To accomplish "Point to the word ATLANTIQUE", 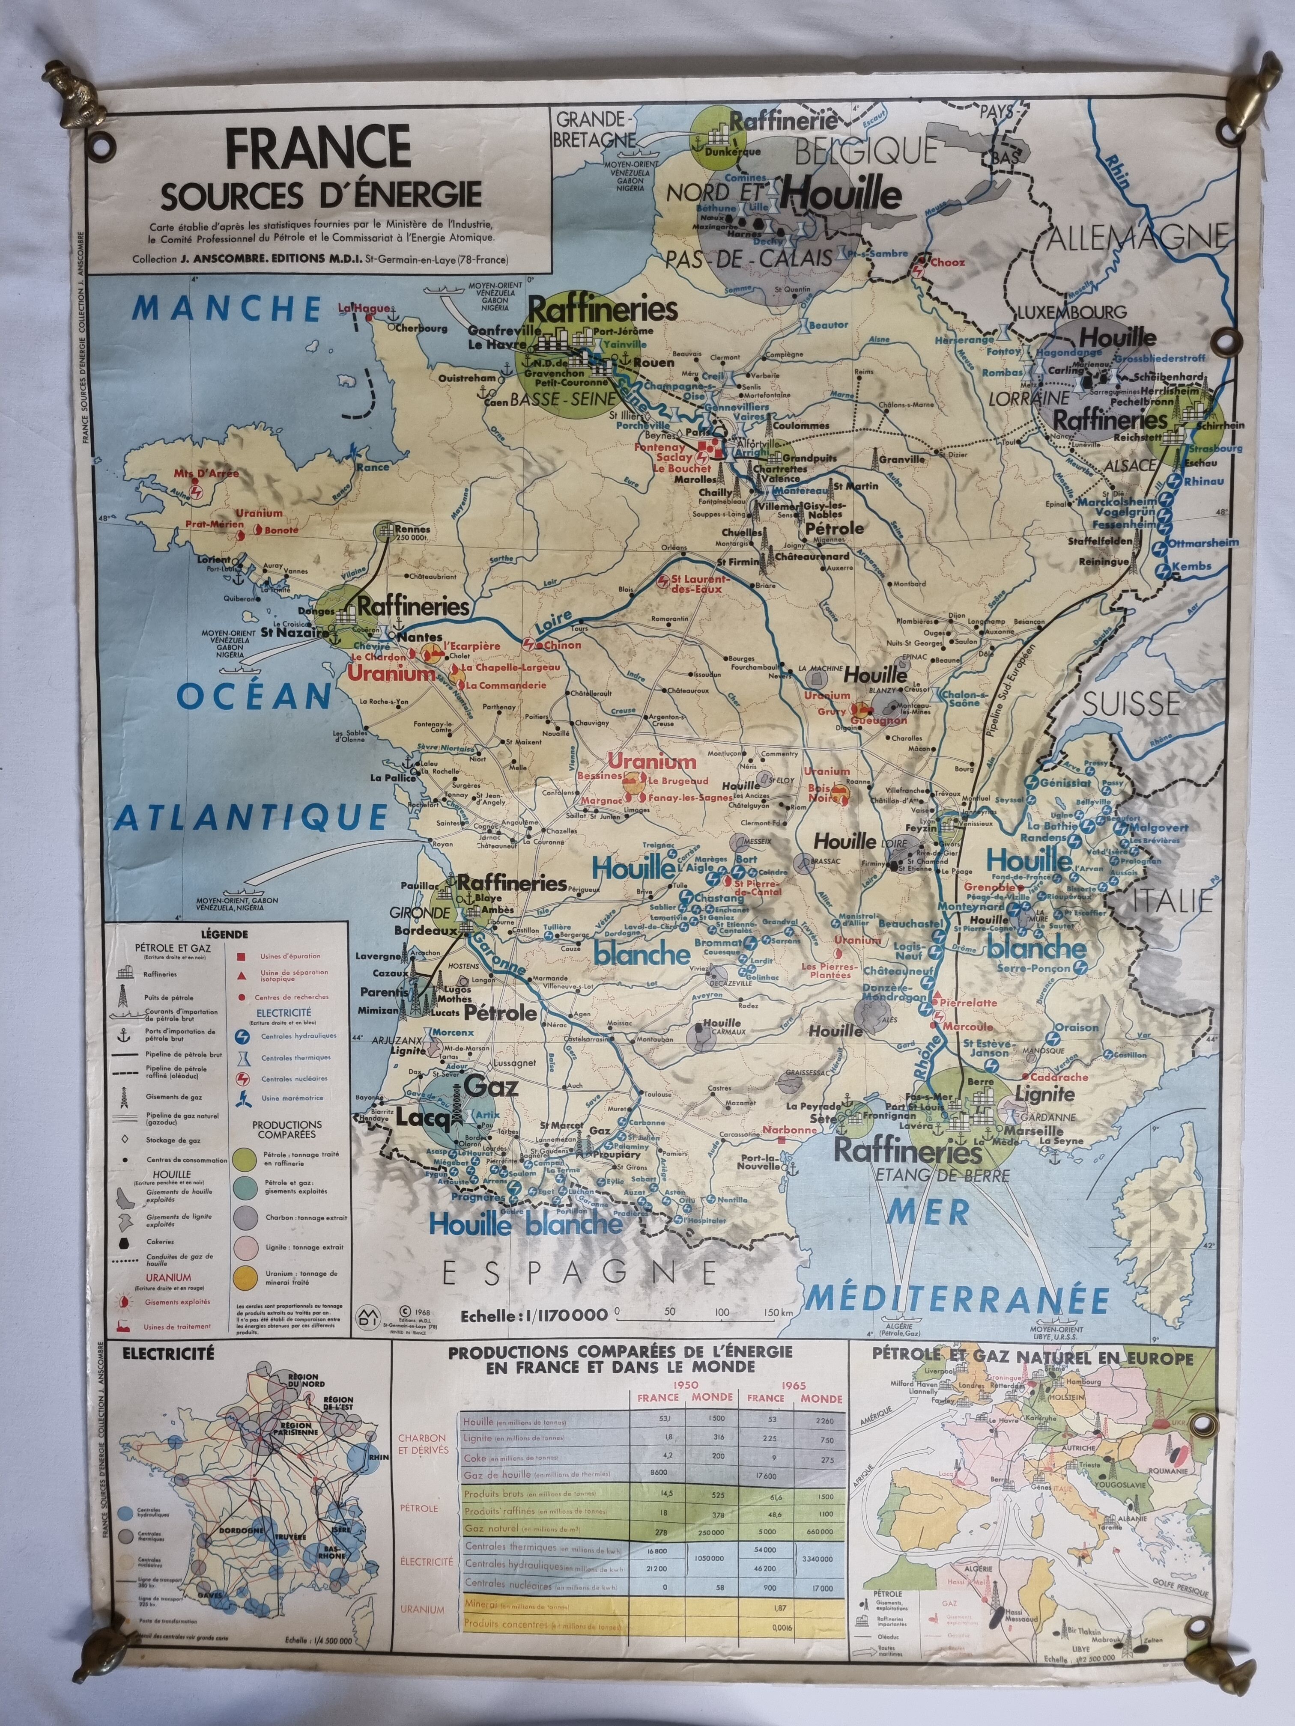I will [252, 816].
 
